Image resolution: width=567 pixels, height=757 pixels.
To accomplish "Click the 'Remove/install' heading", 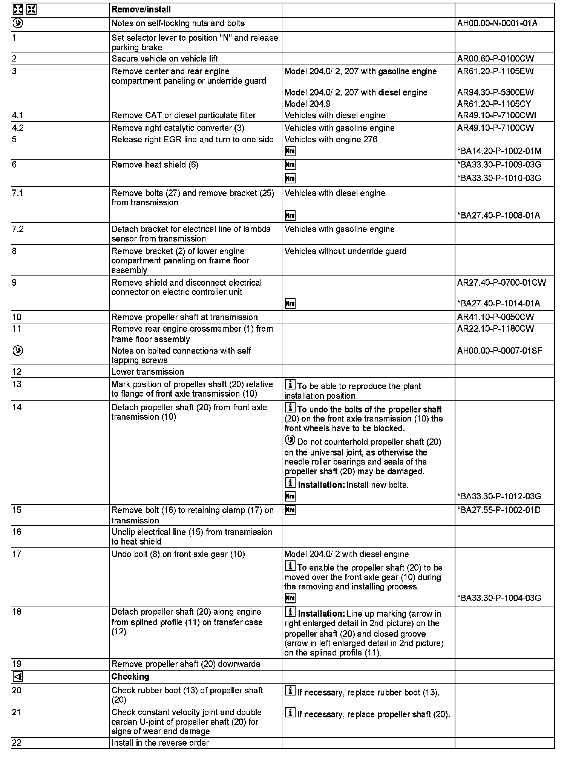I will coord(141,9).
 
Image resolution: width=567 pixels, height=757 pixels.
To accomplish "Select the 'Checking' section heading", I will coord(130,677).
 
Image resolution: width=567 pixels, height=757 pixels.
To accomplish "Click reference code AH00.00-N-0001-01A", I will coord(497,23).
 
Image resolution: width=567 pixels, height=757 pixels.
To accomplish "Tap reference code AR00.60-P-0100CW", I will coord(495,58).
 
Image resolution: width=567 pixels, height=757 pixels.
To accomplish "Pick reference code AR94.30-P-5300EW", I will coord(495,92).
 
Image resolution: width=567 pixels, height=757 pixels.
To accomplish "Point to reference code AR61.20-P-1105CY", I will coord(494,104).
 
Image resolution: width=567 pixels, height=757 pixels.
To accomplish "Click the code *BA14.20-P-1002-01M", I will coord(499,151).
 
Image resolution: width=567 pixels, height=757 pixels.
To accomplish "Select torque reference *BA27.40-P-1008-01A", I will coord(498,215).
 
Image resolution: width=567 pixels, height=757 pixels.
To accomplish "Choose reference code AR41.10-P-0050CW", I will coord(495,317).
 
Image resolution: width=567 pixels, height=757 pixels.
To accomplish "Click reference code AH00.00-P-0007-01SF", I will coord(500,351).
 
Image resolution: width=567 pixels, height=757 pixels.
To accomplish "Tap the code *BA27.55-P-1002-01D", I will coord(499,510).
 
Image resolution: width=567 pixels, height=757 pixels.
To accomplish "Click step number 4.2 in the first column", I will coord(18,128).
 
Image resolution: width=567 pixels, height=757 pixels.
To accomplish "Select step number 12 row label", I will coord(17,372).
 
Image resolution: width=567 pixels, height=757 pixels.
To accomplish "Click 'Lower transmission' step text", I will coord(147,372).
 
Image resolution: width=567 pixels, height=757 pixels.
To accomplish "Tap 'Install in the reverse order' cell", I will coord(160,743).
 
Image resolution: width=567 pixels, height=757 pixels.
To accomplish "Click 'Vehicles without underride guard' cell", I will coord(345,251).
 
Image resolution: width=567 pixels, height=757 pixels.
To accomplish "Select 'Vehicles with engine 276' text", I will coord(331,140).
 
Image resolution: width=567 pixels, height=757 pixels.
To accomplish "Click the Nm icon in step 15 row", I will coord(290,510).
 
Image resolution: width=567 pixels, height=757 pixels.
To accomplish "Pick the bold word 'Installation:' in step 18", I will coord(321,614).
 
